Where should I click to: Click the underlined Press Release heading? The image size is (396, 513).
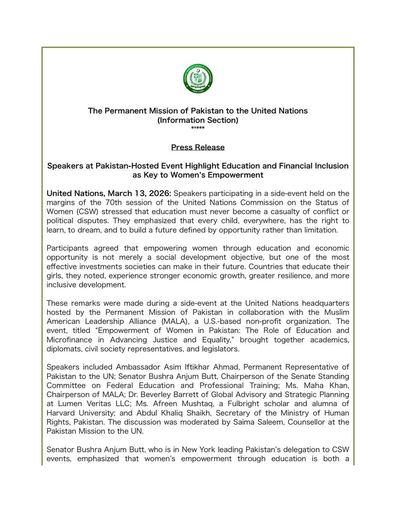click(198, 147)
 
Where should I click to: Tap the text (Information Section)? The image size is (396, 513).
click(198, 120)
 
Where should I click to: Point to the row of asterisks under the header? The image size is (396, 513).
click(198, 128)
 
